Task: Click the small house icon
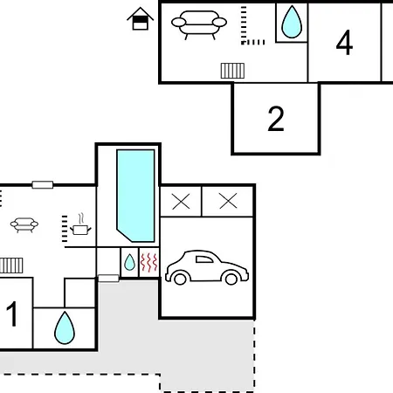(x=141, y=19)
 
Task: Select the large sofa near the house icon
(x=199, y=24)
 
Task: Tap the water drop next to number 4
(x=292, y=22)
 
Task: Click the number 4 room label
(x=344, y=43)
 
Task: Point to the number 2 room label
(x=276, y=119)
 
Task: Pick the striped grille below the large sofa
(x=232, y=71)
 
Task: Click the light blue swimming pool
(x=135, y=196)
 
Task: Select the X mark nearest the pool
(x=181, y=202)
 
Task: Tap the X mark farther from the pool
(x=228, y=202)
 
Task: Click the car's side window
(x=203, y=259)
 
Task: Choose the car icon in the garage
(x=207, y=267)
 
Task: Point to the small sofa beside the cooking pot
(x=24, y=224)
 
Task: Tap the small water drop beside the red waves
(x=129, y=262)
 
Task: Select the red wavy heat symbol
(x=148, y=263)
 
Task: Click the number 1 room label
(x=11, y=314)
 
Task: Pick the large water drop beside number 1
(x=65, y=327)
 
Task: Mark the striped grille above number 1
(x=11, y=265)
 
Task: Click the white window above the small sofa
(x=43, y=185)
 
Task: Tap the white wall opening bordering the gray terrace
(x=108, y=279)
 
